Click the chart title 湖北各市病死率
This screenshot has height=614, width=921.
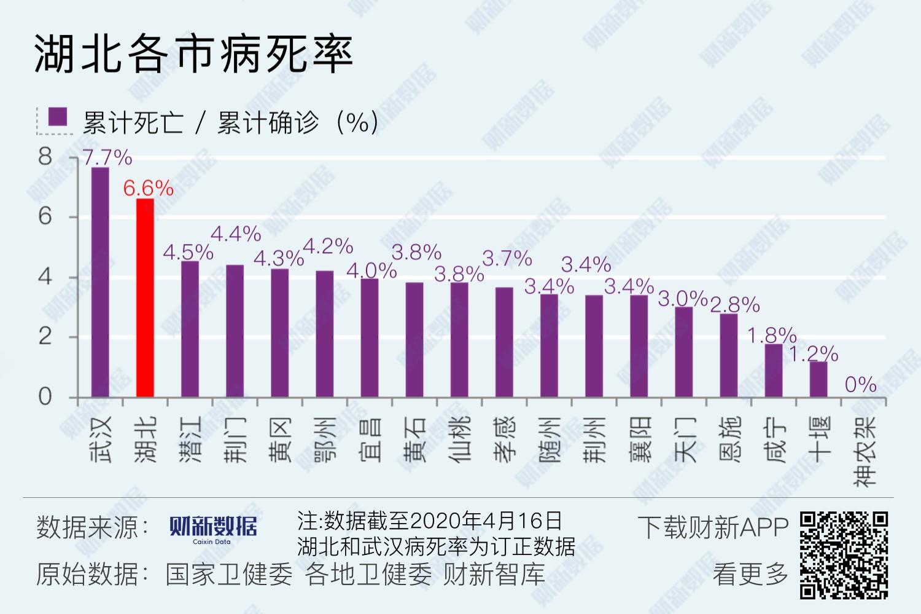(x=193, y=53)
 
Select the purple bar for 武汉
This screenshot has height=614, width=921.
(x=100, y=282)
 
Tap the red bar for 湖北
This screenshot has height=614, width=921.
(x=145, y=298)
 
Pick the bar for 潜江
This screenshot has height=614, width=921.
(x=190, y=329)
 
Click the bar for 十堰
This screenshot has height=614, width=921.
(x=818, y=379)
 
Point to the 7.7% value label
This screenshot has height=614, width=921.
(x=107, y=157)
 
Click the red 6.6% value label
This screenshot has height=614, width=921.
(x=148, y=188)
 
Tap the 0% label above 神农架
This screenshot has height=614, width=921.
(x=860, y=385)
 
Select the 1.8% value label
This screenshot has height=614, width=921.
(x=772, y=336)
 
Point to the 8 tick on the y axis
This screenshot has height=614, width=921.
(x=45, y=157)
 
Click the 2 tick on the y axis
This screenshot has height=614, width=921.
(x=45, y=337)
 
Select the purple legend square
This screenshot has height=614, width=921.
(x=58, y=117)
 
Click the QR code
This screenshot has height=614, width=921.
(x=844, y=555)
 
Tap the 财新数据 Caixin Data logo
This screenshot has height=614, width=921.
(x=213, y=529)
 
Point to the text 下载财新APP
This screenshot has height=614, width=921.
(x=713, y=527)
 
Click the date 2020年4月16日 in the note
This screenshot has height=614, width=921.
(x=485, y=521)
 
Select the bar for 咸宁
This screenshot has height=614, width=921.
(x=774, y=371)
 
